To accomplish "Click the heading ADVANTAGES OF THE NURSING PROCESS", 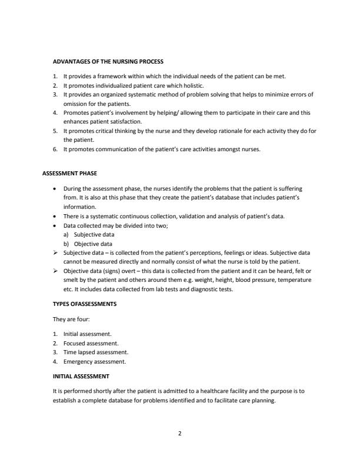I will click(x=108, y=61).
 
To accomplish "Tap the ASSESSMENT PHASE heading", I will click(x=69, y=174).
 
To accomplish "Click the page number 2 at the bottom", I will click(x=180, y=434).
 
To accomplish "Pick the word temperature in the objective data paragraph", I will click(x=292, y=279).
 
